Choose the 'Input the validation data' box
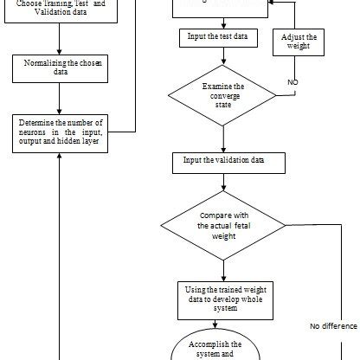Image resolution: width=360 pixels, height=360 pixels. tap(222, 160)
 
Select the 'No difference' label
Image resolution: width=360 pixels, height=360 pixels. tap(332, 326)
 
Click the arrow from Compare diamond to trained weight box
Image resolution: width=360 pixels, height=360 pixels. tap(223, 267)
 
